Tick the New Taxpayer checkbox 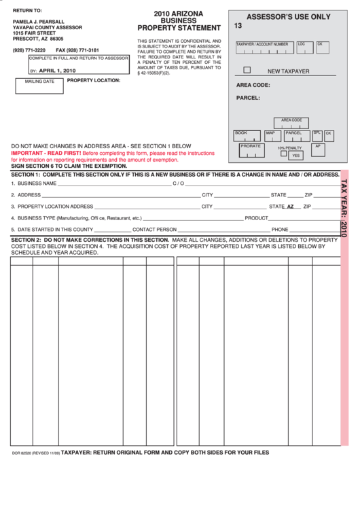coord(247,70)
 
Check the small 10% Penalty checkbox coord(284,154)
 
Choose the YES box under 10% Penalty coord(295,156)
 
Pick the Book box coord(247,135)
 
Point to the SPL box coord(317,135)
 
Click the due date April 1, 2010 coord(58,70)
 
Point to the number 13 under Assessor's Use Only coord(238,26)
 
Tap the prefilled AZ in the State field coord(290,206)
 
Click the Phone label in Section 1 coord(280,230)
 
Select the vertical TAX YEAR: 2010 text coord(344,207)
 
